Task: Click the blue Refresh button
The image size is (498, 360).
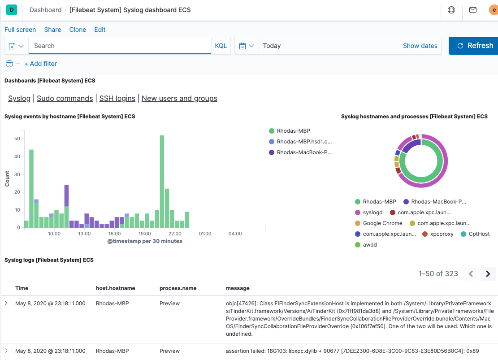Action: tap(474, 46)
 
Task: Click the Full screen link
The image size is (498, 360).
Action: tap(20, 30)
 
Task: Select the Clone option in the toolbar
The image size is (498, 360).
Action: tap(78, 30)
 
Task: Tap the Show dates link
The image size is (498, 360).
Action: tap(420, 46)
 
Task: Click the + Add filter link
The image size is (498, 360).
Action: tap(40, 64)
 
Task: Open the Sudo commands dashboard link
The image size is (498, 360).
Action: tap(65, 98)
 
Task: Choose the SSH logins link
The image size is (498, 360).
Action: tap(117, 98)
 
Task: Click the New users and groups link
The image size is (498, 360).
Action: tap(179, 98)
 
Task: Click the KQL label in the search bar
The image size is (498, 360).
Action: tap(221, 46)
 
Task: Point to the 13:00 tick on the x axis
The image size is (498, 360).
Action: tap(84, 234)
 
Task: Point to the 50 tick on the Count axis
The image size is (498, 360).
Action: tap(17, 139)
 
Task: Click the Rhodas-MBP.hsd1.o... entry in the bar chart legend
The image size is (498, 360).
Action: tap(304, 142)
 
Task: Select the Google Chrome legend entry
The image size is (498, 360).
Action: tap(382, 223)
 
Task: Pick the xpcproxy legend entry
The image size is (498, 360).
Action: tap(442, 234)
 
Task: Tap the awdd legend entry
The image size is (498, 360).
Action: tap(370, 245)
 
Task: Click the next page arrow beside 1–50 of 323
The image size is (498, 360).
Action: tap(488, 273)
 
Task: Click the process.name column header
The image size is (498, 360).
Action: tap(178, 288)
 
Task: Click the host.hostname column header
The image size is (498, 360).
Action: tap(115, 288)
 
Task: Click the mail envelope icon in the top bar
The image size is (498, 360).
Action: tap(473, 10)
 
